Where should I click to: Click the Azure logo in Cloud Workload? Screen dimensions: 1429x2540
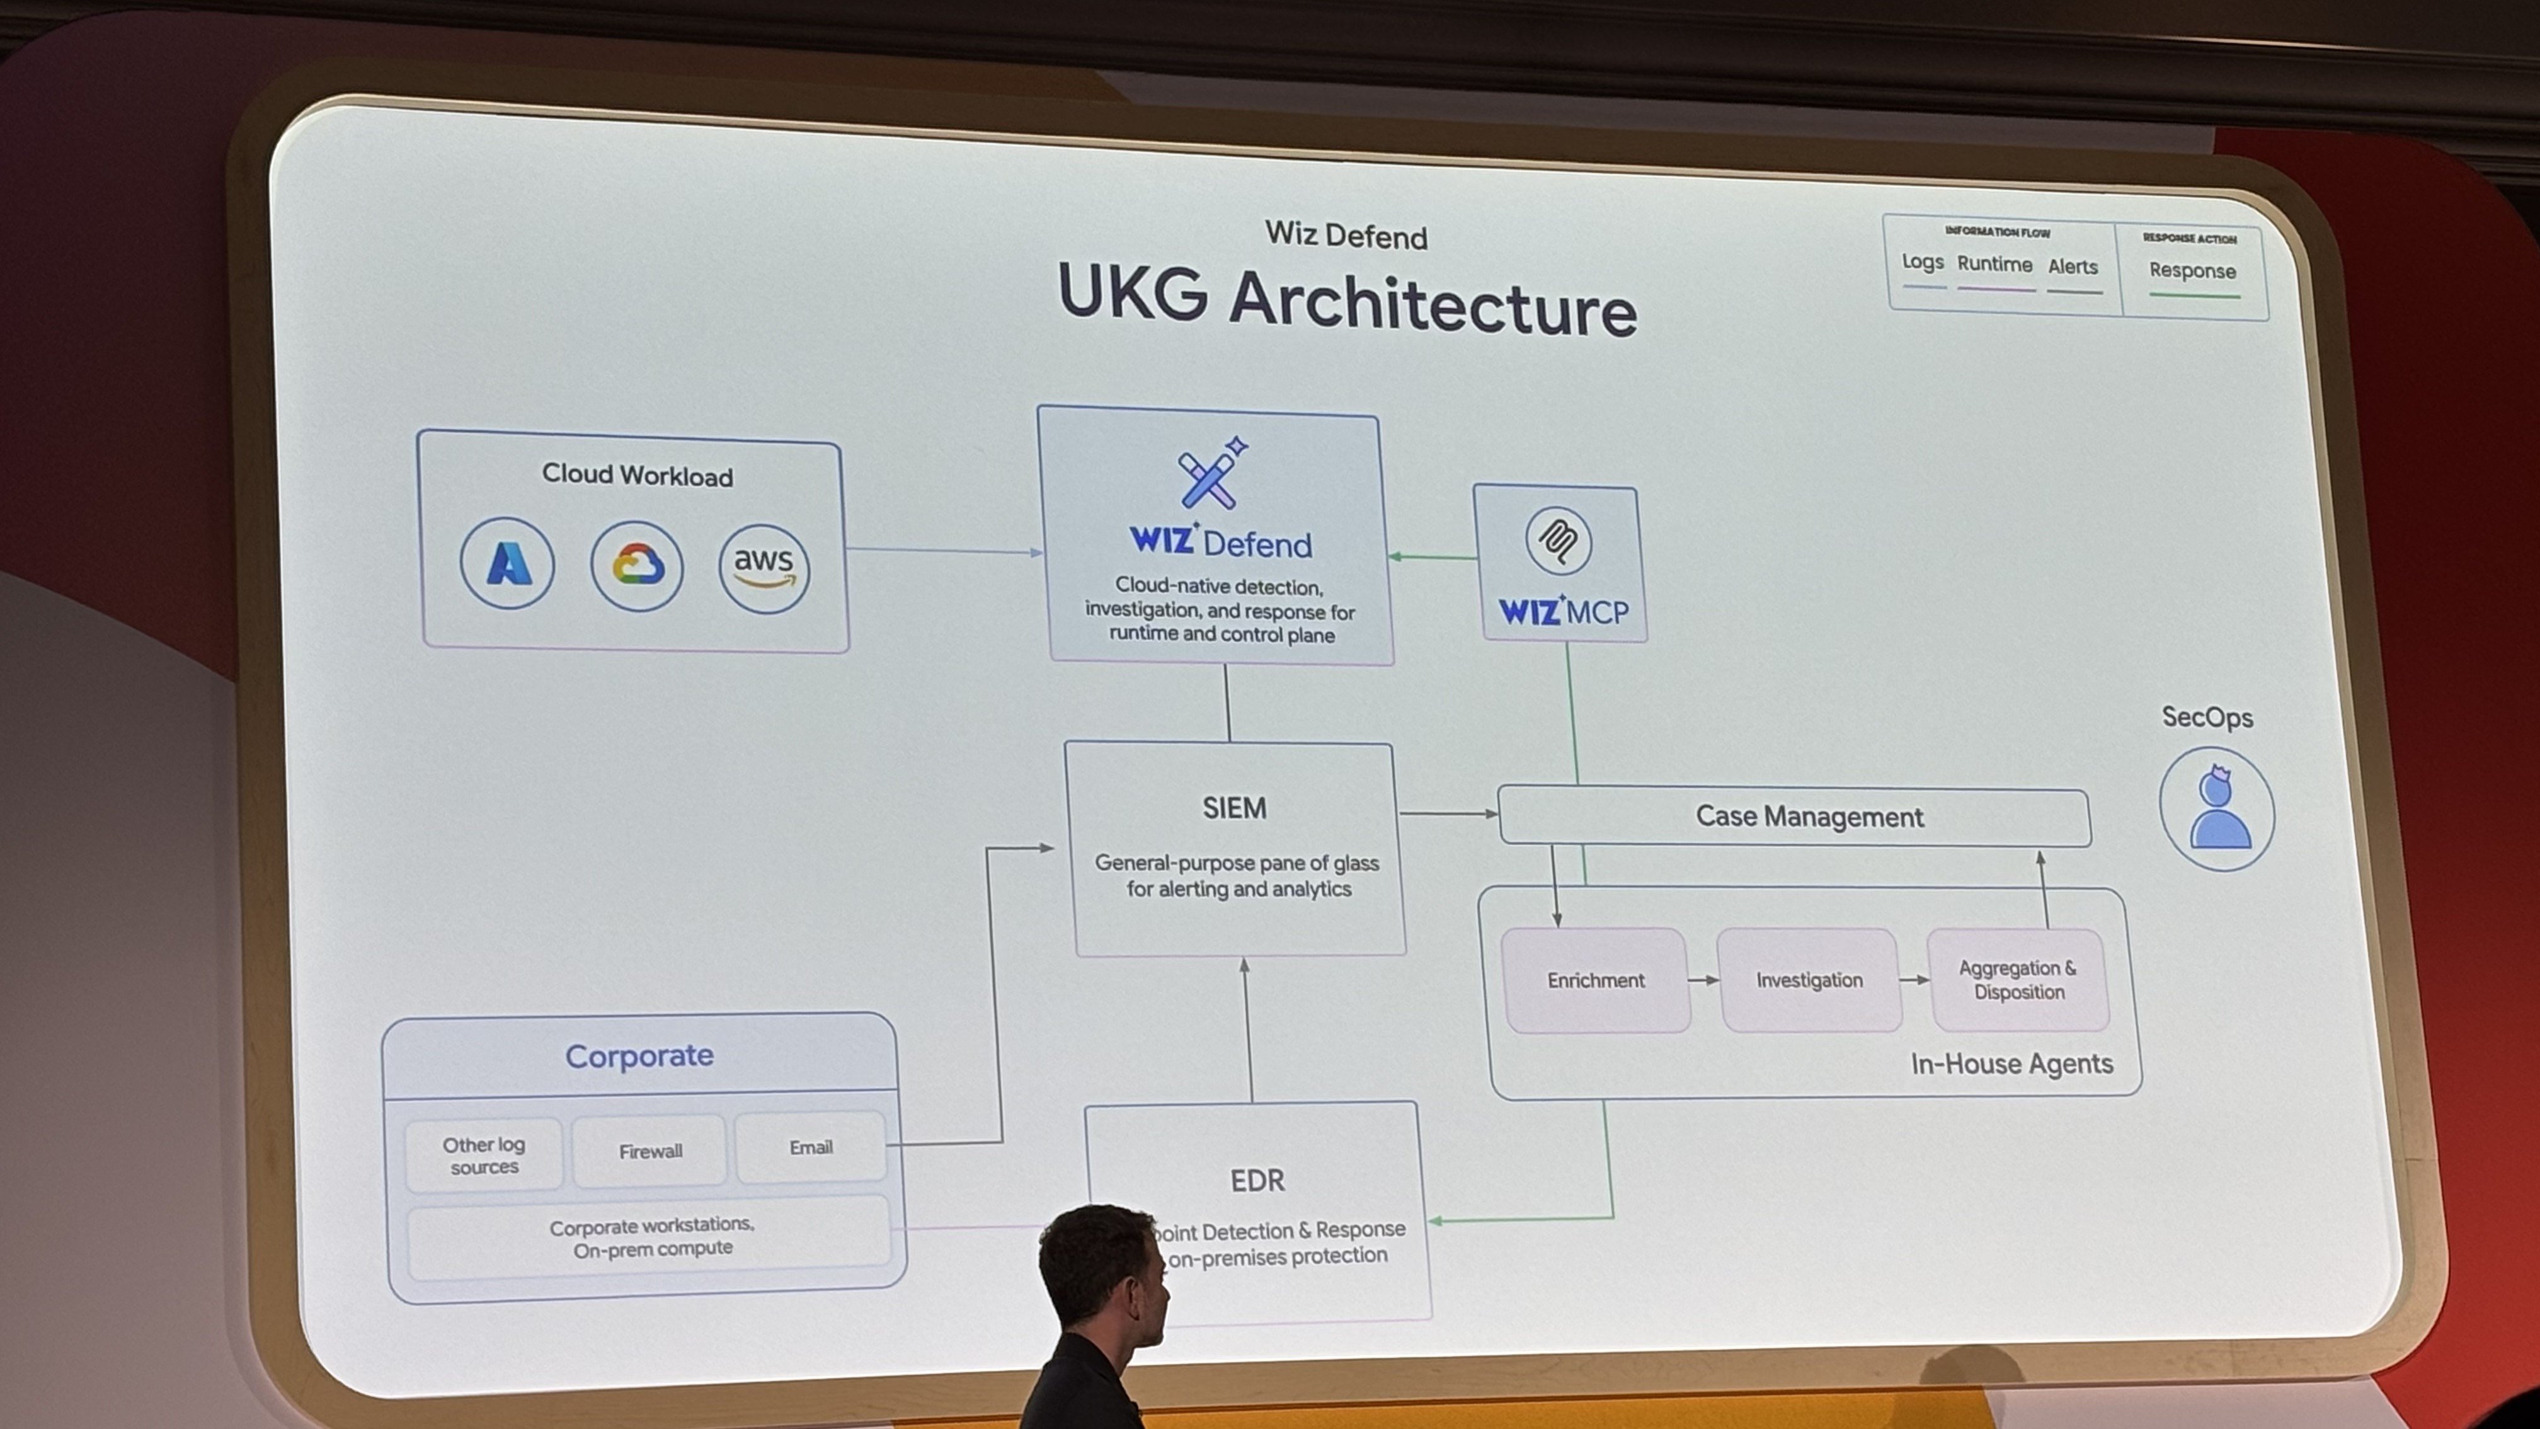coord(507,563)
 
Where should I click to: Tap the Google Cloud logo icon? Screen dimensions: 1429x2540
coord(637,566)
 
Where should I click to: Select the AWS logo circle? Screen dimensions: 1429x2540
coord(764,569)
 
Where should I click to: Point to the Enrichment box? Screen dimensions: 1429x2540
coord(1596,980)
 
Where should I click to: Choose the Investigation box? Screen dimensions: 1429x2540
coord(1809,980)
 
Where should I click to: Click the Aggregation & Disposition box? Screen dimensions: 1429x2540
coord(2017,980)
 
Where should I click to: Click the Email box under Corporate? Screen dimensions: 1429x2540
coord(811,1147)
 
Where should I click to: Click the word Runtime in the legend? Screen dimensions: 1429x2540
coord(1994,264)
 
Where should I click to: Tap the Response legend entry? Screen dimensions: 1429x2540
coord(2192,271)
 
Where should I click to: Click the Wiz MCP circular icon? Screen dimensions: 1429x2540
coord(1558,541)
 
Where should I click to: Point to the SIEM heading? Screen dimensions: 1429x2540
coord(1233,808)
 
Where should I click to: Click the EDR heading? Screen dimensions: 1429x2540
coord(1257,1181)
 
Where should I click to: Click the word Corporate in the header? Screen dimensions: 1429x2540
coord(639,1056)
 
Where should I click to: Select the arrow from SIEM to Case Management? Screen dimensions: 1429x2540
coord(1448,813)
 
